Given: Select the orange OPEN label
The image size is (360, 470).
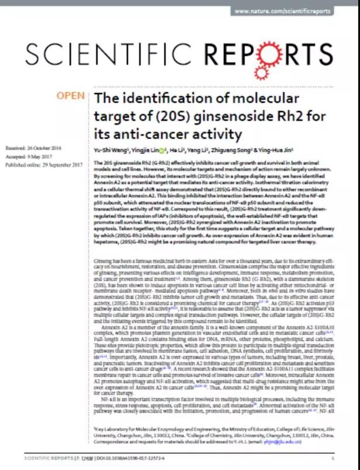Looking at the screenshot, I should click(x=71, y=95).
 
